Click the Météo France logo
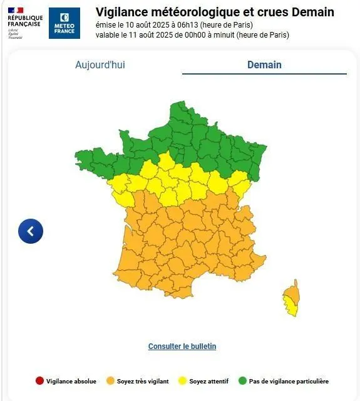[64, 23]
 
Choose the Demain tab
[264, 65]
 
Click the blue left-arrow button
[31, 231]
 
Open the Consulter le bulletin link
[182, 346]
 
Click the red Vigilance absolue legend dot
[39, 381]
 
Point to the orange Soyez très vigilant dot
[110, 381]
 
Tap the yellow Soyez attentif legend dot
[182, 381]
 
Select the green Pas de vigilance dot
[242, 381]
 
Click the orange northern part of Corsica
[292, 292]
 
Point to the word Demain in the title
[313, 12]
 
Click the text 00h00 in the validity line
[185, 34]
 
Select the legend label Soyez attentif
[210, 381]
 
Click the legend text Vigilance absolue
[71, 381]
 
